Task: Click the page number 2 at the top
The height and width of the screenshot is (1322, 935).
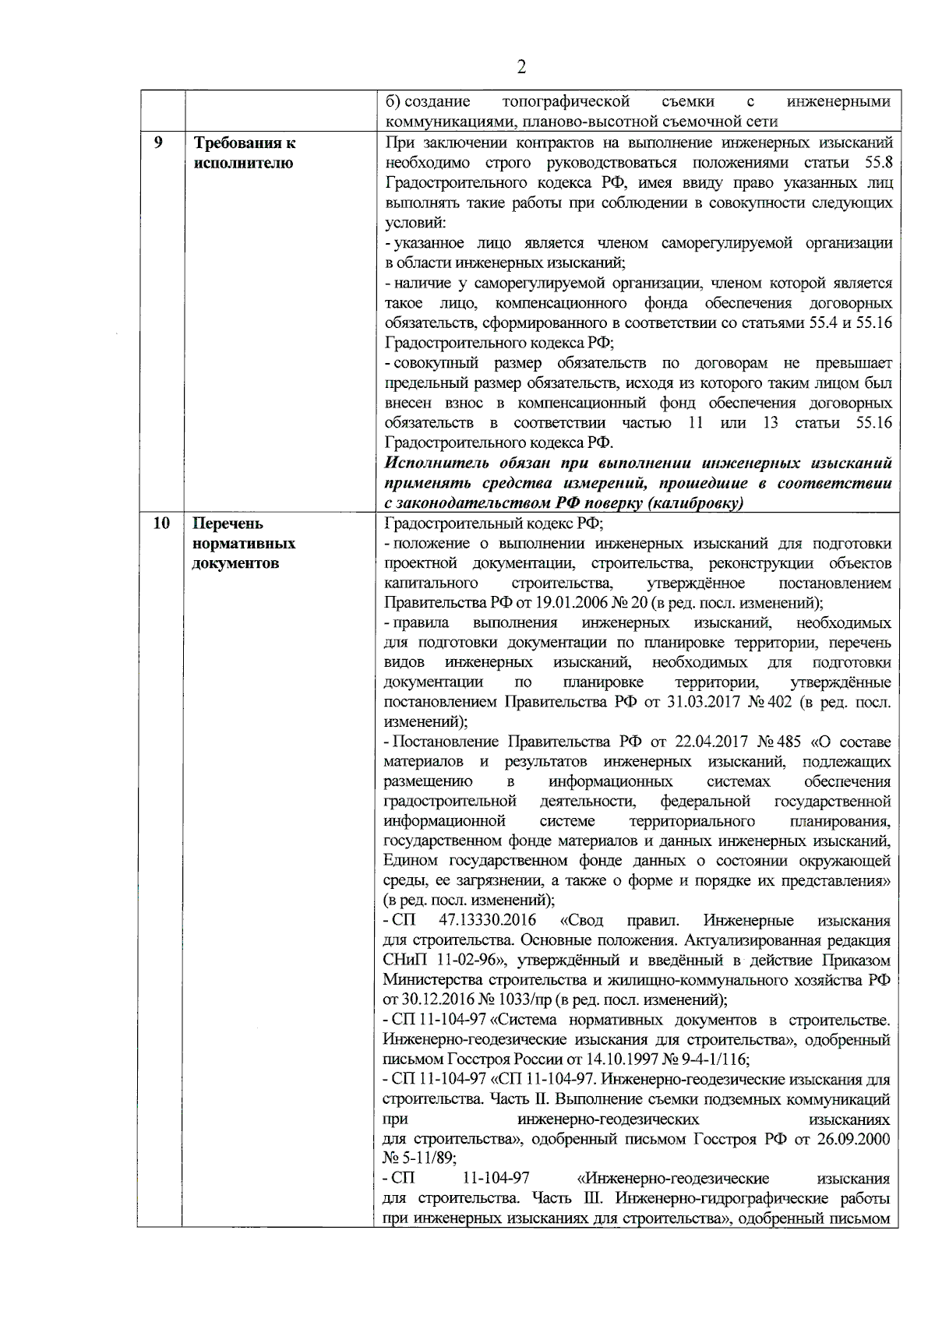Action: [521, 67]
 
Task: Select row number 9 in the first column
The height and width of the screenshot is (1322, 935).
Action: [159, 143]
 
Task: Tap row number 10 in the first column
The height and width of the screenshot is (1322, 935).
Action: [161, 524]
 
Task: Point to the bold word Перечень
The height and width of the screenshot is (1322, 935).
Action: [229, 524]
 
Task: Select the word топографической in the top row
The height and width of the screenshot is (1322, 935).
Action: [566, 102]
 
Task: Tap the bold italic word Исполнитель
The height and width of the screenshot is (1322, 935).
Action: [432, 464]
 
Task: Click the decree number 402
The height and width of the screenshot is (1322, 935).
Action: [780, 702]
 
